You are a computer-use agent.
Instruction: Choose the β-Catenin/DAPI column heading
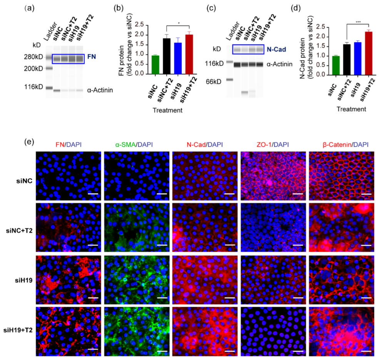click(341, 145)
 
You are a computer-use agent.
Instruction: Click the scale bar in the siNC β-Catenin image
click(366, 194)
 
